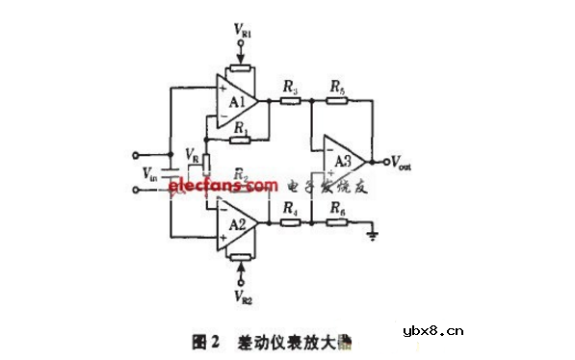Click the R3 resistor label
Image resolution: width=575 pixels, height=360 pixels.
click(290, 89)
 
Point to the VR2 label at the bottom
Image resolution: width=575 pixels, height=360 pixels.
click(243, 295)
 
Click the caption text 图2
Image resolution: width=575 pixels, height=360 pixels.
click(206, 342)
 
